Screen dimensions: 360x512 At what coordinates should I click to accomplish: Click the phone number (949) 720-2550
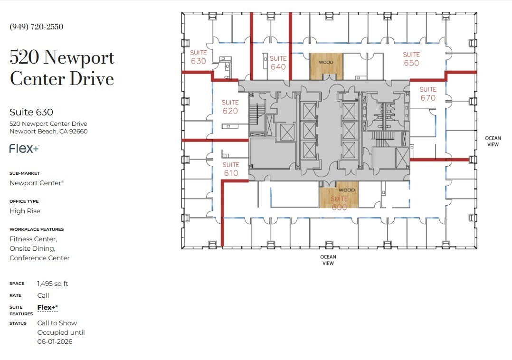point(37,27)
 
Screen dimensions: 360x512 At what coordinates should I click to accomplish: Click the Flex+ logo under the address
point(24,149)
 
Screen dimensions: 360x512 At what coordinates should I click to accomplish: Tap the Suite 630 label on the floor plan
point(198,57)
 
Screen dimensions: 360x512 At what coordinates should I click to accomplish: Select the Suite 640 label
point(278,63)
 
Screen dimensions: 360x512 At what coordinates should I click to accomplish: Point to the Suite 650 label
point(411,59)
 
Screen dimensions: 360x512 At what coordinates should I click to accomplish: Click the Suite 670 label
point(427,94)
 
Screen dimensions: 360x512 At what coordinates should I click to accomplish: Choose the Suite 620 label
point(230,106)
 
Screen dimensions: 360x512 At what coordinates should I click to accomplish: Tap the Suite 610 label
point(231,169)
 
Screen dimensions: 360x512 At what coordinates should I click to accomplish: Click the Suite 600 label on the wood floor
point(339,203)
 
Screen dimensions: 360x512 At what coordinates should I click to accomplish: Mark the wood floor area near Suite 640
point(326,66)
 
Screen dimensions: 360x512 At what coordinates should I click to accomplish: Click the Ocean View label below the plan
point(328,260)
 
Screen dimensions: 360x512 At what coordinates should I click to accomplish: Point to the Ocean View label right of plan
point(493,142)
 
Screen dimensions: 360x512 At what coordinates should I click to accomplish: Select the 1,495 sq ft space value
point(53,284)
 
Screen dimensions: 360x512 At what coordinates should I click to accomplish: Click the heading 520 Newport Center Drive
point(62,67)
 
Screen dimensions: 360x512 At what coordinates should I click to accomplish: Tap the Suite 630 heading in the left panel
point(31,112)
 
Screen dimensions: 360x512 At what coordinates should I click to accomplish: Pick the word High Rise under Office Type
point(25,211)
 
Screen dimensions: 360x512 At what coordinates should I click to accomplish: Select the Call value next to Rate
point(43,295)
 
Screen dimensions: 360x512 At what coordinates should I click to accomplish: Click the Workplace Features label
point(37,229)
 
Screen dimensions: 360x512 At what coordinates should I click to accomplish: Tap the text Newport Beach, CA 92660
point(48,132)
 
